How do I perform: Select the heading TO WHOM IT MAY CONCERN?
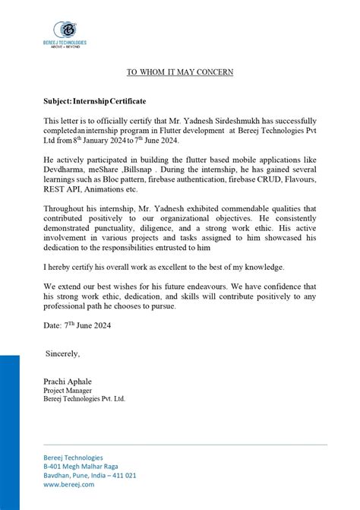[179, 72]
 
